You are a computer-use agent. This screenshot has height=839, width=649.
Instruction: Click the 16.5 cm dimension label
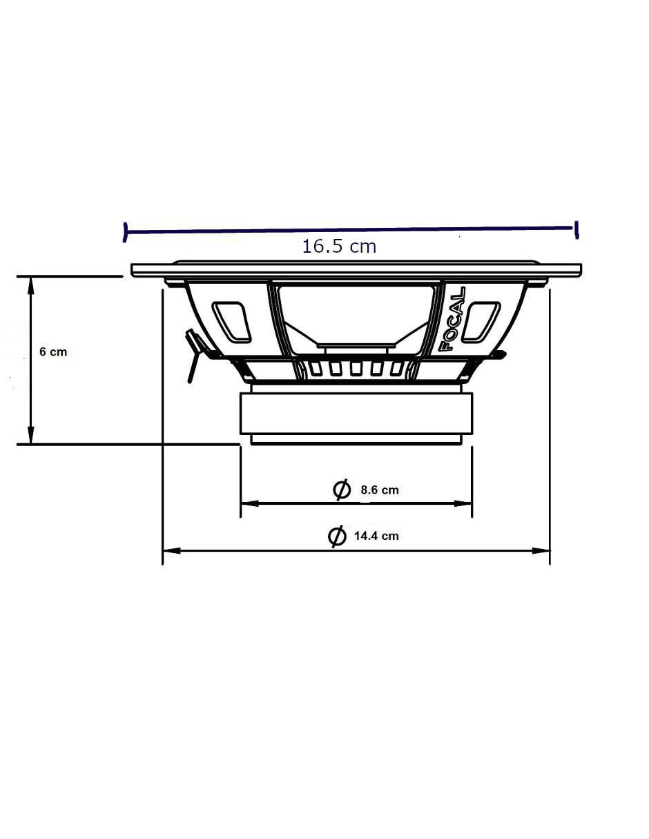[339, 247]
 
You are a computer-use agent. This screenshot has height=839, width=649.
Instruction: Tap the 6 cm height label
[53, 351]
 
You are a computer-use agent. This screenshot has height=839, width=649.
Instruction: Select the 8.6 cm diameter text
[379, 490]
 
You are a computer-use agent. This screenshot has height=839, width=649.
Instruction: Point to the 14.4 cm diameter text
[376, 536]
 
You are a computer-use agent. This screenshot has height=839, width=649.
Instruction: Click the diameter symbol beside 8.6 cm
[342, 490]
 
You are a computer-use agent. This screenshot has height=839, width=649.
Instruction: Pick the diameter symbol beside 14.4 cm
[337, 536]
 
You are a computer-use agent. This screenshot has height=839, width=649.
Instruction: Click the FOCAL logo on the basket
[453, 319]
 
